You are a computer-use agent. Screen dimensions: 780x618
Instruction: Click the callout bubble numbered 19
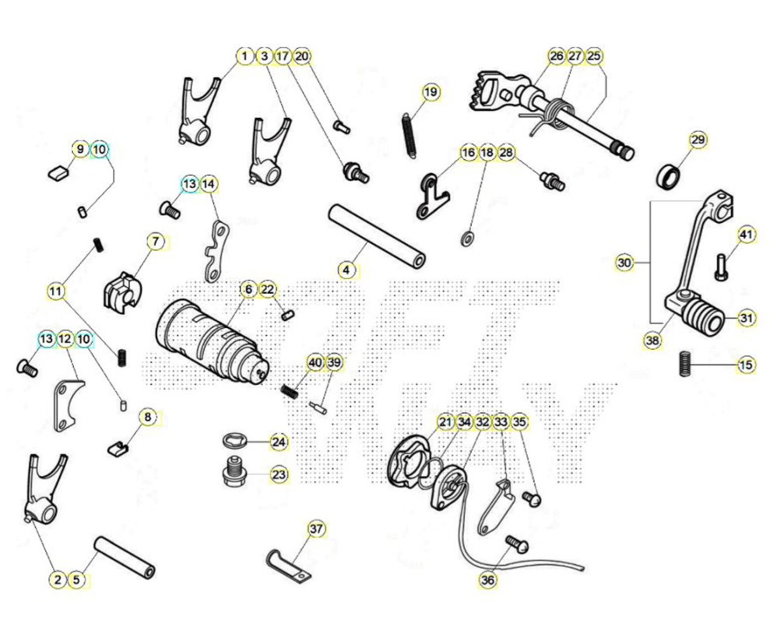[430, 92]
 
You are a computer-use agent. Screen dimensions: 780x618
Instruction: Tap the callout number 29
[698, 139]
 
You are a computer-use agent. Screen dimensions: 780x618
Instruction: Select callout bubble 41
[746, 235]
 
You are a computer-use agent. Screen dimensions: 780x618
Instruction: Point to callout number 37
[316, 529]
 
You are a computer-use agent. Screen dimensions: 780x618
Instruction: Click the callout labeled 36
[488, 580]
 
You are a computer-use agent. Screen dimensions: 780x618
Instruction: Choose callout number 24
[279, 442]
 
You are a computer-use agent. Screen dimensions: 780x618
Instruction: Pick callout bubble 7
[156, 242]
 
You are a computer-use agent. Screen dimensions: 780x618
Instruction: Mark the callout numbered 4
[346, 270]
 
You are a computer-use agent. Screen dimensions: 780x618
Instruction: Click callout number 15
[746, 365]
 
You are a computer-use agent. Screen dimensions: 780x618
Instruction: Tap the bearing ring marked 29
[669, 177]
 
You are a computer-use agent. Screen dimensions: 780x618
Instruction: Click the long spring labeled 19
[409, 136]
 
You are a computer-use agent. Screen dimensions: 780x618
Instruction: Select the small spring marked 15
[686, 364]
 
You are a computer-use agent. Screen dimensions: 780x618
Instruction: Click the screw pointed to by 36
[516, 544]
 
